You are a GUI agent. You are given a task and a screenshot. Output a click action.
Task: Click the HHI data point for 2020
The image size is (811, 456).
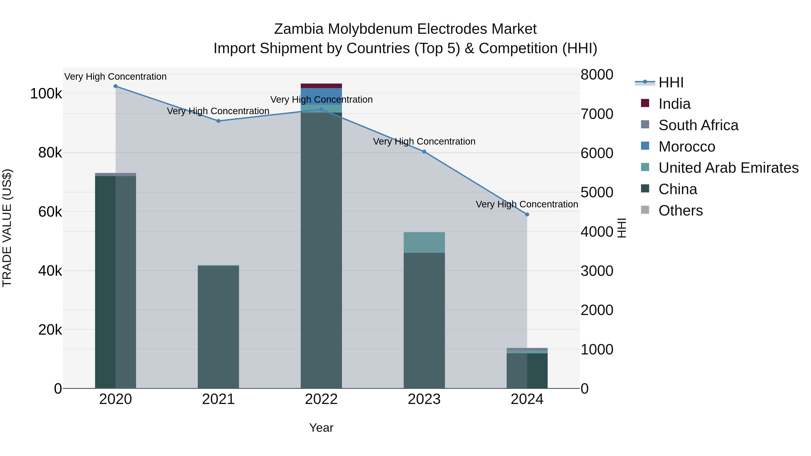[116, 86]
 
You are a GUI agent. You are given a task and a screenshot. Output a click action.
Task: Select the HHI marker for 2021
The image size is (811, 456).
[219, 121]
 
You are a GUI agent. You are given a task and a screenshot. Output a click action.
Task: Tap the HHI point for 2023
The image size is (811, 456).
[424, 152]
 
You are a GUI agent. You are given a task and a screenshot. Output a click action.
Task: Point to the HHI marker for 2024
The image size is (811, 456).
[527, 214]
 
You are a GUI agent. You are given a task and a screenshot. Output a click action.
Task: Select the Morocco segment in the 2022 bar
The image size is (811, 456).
[321, 96]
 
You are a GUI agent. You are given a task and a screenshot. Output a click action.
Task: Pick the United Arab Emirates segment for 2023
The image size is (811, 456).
[424, 243]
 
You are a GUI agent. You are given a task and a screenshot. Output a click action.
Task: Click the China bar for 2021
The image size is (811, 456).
[219, 327]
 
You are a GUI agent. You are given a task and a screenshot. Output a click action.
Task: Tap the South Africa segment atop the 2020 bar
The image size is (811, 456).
[116, 174]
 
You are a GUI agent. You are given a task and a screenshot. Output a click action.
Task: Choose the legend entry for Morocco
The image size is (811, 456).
[687, 147]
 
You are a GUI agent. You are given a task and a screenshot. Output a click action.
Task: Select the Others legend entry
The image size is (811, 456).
[680, 211]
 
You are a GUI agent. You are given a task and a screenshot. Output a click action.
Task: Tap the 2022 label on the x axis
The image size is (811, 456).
[321, 399]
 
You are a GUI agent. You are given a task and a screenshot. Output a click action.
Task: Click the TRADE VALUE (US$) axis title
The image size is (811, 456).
[7, 228]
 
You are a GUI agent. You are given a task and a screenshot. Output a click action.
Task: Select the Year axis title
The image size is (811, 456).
[321, 428]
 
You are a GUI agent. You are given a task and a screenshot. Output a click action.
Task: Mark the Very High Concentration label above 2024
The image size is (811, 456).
[527, 204]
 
